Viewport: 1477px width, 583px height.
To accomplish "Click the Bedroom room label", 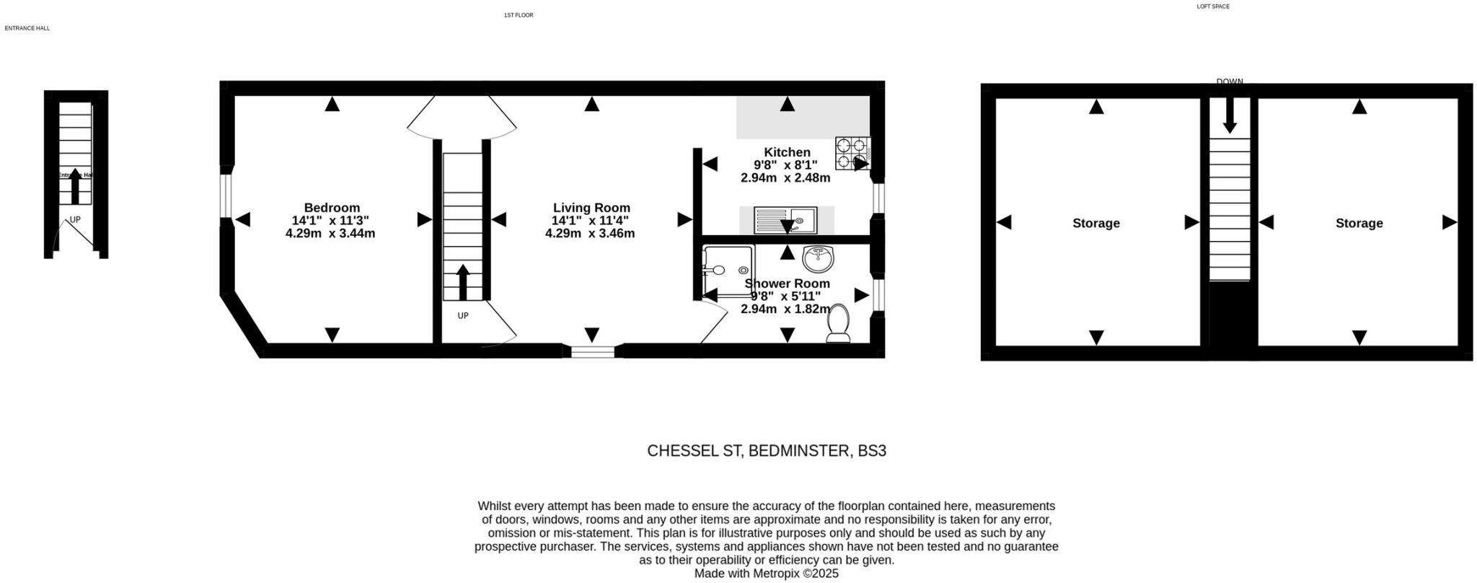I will (x=331, y=208).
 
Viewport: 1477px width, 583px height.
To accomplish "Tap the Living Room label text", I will (x=591, y=208).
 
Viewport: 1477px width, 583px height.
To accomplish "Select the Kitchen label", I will (x=787, y=152).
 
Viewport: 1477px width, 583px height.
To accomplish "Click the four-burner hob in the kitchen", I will (x=853, y=153).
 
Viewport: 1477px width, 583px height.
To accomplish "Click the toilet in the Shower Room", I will (x=839, y=324).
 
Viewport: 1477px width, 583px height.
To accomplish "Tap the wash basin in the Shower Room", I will (x=818, y=258).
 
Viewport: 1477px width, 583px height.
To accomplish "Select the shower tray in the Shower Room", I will (x=728, y=271).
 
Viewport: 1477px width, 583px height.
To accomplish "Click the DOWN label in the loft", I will (x=1230, y=82).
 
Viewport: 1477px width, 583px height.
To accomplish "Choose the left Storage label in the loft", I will (x=1095, y=223).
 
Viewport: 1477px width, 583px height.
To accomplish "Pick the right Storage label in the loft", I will (x=1359, y=223).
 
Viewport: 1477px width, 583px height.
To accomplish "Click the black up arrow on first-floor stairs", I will (x=462, y=282).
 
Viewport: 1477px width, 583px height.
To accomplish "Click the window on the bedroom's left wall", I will (x=226, y=196).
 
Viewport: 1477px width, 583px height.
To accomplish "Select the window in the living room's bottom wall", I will (x=593, y=351).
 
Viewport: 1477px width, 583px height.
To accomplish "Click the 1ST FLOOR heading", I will (x=519, y=15).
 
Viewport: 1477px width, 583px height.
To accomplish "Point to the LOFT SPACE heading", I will (x=1213, y=6).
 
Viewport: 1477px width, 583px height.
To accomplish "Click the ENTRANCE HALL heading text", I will (x=27, y=28).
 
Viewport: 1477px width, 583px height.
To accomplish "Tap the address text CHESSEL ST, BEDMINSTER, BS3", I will (x=766, y=451).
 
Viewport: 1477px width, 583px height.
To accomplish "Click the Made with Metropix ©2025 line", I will (x=766, y=574).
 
